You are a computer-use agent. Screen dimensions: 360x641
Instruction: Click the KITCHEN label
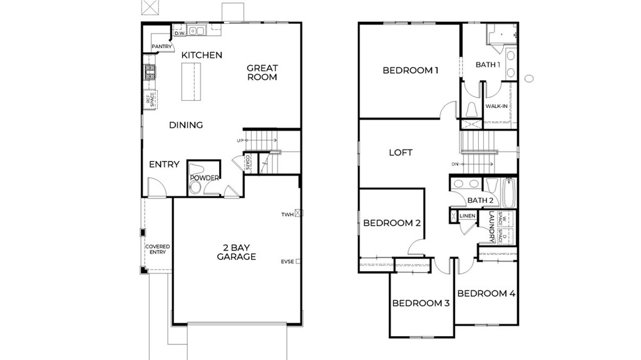tap(202, 55)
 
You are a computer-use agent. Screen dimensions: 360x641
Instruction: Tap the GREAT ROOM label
tap(262, 73)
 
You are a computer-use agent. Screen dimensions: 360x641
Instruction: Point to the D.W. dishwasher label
tap(178, 33)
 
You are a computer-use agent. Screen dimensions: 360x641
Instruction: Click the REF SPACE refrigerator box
tap(150, 100)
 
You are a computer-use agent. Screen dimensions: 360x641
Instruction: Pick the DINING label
tap(186, 125)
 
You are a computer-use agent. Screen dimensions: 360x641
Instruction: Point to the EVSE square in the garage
tap(299, 262)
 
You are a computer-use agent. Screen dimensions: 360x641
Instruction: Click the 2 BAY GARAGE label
tap(236, 252)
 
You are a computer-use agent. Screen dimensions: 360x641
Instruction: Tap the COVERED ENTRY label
tap(157, 249)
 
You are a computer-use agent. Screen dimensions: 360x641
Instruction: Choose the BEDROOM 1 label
tap(410, 70)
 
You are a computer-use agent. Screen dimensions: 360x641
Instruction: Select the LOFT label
tap(401, 152)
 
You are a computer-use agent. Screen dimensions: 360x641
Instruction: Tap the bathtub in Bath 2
tap(507, 192)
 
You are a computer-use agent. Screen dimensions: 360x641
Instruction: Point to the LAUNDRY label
tap(492, 227)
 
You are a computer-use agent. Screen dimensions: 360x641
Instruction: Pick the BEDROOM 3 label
tap(421, 304)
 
